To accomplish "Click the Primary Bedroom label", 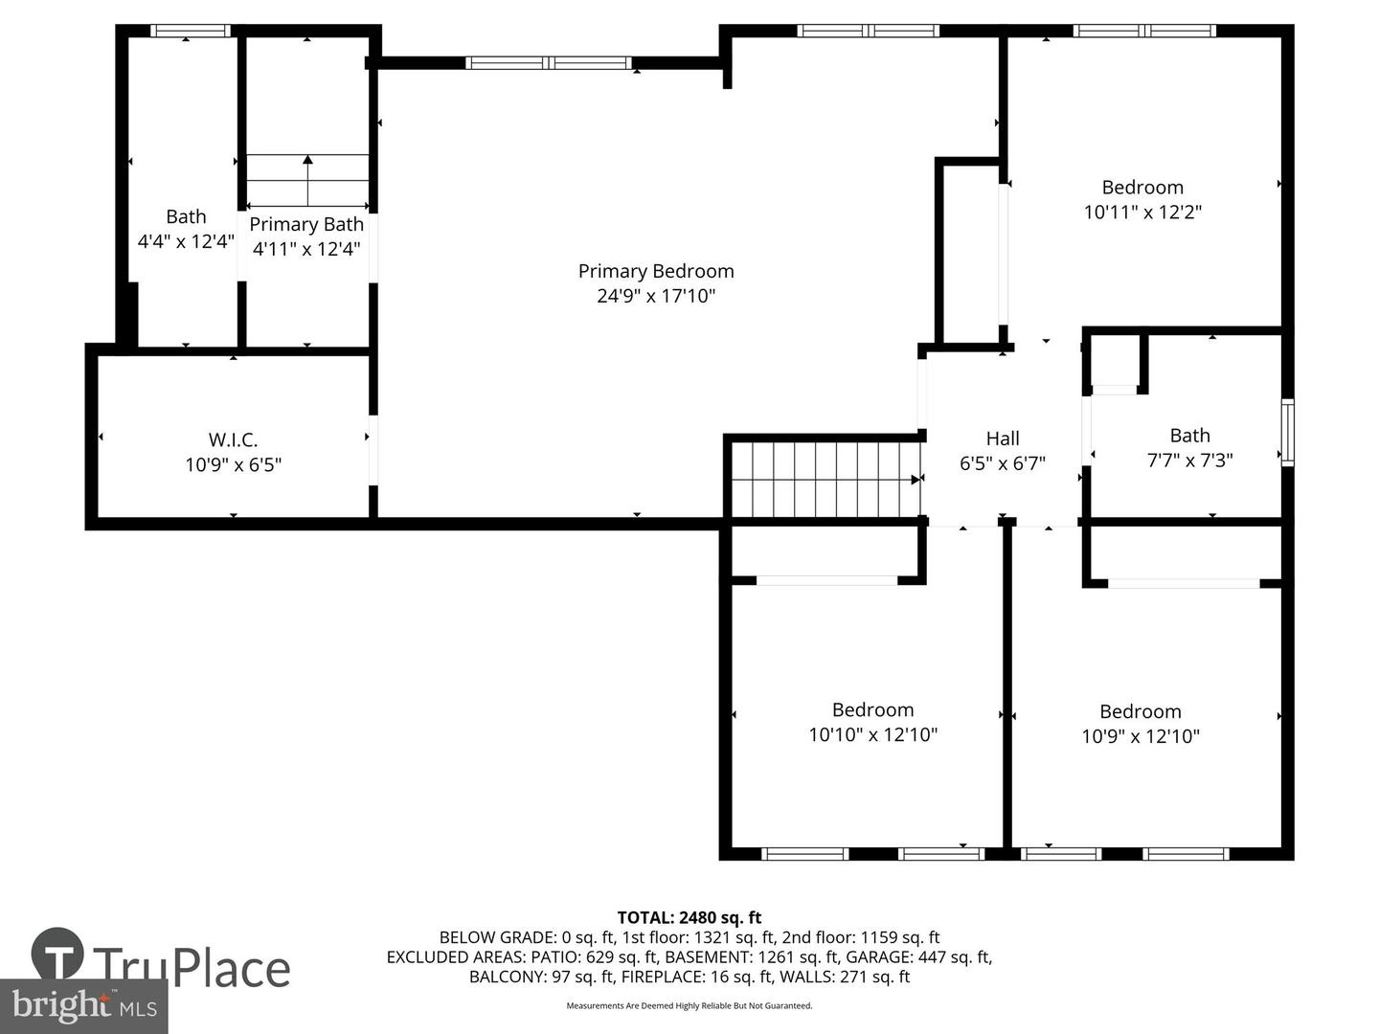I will (x=656, y=271).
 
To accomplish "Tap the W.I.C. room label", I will (x=233, y=439).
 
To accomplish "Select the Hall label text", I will (x=1003, y=438).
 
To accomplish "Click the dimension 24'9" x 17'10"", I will (x=656, y=296).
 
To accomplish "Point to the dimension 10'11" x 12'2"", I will (x=1142, y=212).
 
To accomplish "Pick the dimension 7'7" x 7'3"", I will (x=1189, y=460).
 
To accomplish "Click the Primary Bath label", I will (x=306, y=224).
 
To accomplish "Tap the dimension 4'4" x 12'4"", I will (x=186, y=241).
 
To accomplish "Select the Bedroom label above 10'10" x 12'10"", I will (x=872, y=709).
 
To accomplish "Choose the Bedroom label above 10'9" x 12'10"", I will (x=1140, y=711).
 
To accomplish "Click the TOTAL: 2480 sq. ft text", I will (x=689, y=917).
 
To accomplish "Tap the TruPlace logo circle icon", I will (x=57, y=954).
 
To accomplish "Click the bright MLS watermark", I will (x=84, y=1005).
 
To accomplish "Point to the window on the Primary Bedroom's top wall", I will (x=548, y=63).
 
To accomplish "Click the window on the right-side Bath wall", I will (x=1287, y=433).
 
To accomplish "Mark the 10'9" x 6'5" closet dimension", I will (x=233, y=465).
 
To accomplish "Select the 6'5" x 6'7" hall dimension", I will (x=1003, y=463).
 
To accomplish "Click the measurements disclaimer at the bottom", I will (x=689, y=1005).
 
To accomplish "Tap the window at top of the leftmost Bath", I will (x=192, y=31).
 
